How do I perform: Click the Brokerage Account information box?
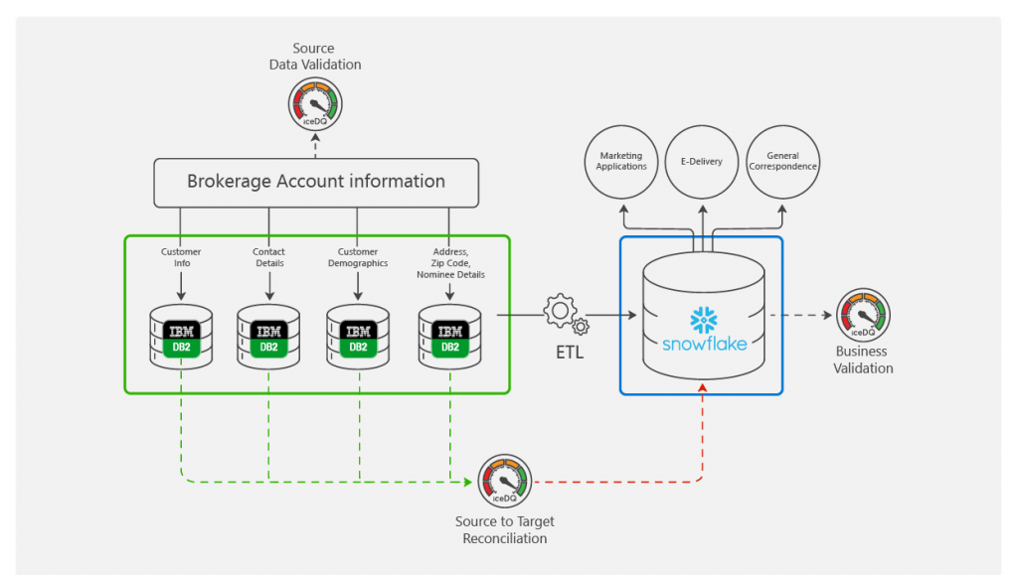316,182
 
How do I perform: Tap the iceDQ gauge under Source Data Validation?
314,102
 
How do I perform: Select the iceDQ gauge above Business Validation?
862,315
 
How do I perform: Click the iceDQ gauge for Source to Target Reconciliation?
505,481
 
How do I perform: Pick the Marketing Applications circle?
621,161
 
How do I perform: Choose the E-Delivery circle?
702,161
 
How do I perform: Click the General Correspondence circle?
783,161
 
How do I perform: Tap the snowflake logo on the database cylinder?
703,321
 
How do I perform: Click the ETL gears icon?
564,314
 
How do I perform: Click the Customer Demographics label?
358,258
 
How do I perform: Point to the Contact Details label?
268,258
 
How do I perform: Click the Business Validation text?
863,359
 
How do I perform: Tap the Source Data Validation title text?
314,57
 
